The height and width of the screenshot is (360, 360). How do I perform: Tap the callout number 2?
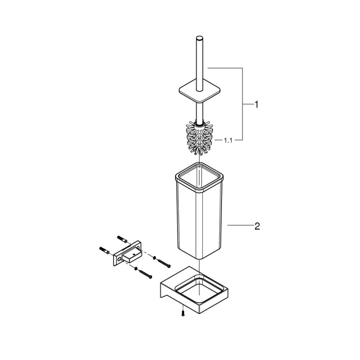tap(257, 226)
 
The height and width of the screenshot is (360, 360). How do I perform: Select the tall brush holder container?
tap(199, 212)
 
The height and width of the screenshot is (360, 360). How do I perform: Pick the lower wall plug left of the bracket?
tap(104, 250)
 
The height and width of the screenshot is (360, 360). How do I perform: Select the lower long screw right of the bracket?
tap(145, 274)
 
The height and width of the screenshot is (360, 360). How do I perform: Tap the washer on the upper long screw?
tap(154, 258)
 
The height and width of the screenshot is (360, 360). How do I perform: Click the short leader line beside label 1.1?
tap(218, 141)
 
